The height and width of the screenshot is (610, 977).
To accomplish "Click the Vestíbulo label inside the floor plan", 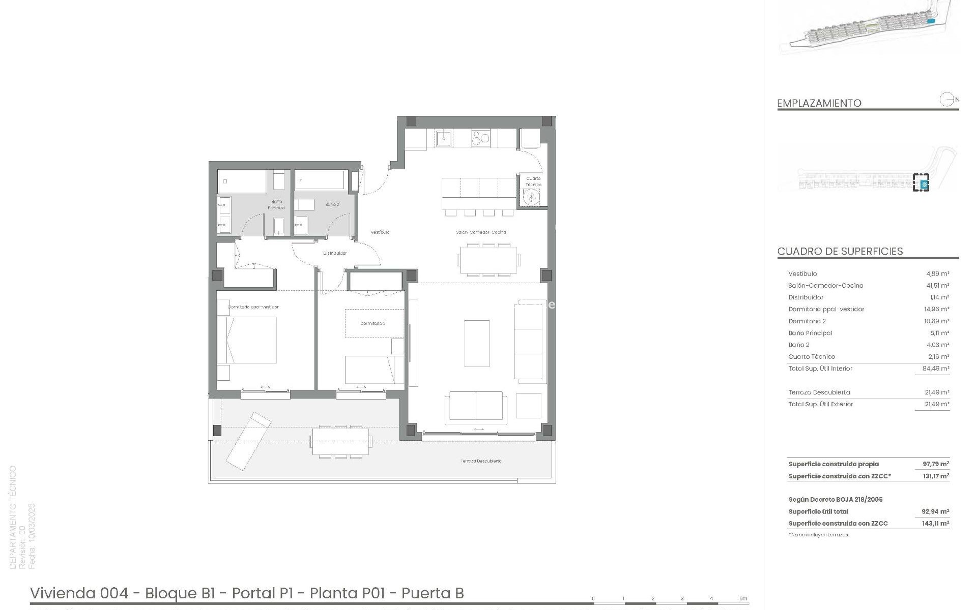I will coord(380,232).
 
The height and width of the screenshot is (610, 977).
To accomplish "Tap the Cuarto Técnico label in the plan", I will coord(533,181).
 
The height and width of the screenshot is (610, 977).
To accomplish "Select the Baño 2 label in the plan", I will coord(332,204).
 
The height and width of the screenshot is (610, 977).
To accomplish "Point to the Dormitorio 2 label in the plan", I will coord(372,323).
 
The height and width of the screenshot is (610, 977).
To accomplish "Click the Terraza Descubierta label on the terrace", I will coord(481,461).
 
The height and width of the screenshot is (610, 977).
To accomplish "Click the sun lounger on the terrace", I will coord(248,440).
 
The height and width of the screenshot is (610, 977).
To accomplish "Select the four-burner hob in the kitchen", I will coord(480,138).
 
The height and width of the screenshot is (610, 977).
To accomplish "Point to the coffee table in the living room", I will coord(477,343).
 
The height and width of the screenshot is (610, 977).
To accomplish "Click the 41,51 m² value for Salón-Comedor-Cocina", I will coord(937,286).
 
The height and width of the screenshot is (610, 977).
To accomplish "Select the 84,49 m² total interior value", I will coord(936,369).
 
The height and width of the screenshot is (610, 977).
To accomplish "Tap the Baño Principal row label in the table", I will coord(810,333).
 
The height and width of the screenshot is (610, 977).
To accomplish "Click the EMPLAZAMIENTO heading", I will coord(819,103).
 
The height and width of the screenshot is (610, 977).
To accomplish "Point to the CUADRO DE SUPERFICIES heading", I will coord(840,251).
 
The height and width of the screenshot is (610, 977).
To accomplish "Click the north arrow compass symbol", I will coord(946,100).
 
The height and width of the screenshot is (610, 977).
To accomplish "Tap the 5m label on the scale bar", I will coord(743,598).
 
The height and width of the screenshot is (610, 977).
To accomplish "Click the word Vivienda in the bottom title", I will coord(62,593).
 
